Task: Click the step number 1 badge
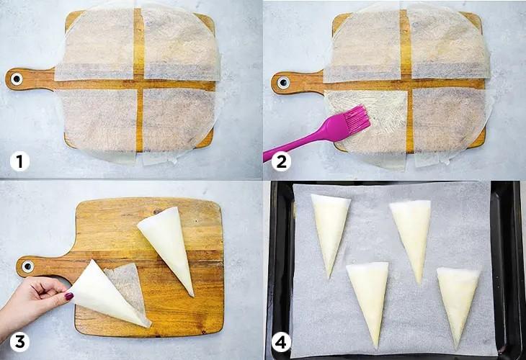[19, 161]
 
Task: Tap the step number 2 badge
[281, 161]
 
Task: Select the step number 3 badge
[19, 342]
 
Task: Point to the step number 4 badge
[281, 342]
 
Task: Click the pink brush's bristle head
[357, 118]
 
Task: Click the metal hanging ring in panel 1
[16, 79]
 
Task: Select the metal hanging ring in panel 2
[282, 82]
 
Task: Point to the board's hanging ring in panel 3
[28, 267]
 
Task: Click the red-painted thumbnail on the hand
[69, 297]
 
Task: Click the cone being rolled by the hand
[107, 295]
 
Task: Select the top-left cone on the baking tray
[330, 231]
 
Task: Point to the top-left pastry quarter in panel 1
[99, 44]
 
